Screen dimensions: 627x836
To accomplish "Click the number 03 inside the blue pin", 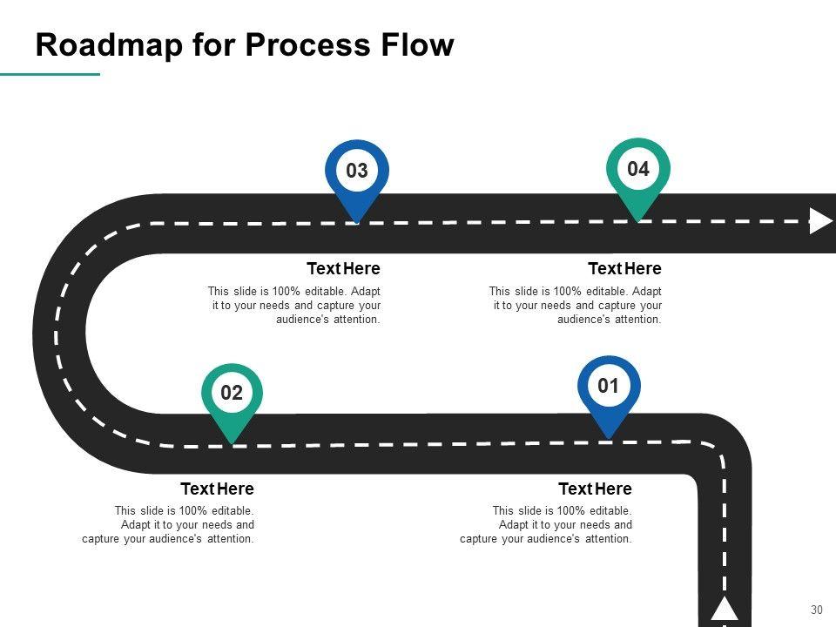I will tap(357, 171).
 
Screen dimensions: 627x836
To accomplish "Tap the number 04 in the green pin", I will tap(638, 169).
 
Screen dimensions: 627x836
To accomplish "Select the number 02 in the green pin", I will tap(232, 393).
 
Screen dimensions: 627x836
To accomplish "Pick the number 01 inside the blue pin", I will tap(609, 386).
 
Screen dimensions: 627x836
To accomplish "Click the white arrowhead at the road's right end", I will tap(820, 221).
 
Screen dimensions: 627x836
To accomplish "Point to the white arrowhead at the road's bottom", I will tap(725, 609).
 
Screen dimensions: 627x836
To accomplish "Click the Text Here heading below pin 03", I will tap(343, 268).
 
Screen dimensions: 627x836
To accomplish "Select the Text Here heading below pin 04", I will tap(624, 268).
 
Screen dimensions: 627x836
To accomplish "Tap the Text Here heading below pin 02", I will tap(217, 489).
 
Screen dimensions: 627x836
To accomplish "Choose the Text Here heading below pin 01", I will tap(595, 489).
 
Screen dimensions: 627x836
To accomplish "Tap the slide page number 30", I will tap(817, 610).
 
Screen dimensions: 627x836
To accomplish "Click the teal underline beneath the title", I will tap(50, 75).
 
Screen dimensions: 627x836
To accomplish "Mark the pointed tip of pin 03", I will tap(357, 222).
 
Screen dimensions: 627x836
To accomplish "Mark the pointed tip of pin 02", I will tap(232, 444).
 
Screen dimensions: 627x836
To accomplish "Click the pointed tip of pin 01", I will tap(609, 437).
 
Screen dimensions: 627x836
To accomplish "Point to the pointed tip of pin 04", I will tap(638, 220).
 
